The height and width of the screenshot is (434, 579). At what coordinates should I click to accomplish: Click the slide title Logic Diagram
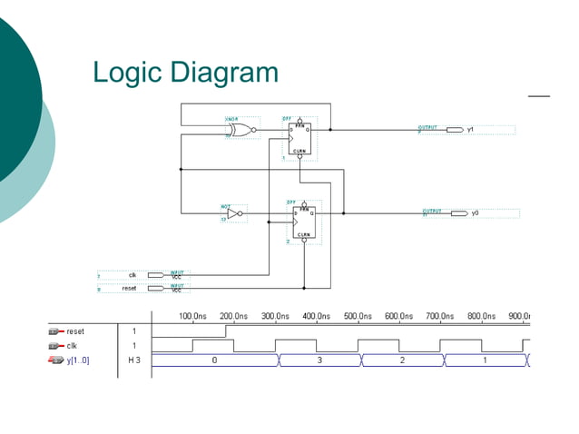coord(185,73)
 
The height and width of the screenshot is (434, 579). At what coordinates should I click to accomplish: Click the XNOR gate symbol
coord(240,130)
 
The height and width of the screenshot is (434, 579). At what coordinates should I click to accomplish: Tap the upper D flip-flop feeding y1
coord(300,137)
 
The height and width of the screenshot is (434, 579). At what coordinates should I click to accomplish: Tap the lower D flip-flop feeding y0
coord(300,221)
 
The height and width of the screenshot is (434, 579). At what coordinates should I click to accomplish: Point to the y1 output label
coord(471,130)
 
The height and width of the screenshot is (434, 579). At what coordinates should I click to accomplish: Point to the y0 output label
coord(475,213)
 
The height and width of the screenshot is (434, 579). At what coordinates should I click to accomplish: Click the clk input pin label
coord(132,274)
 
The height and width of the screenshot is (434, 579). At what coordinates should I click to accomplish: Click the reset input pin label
coord(129,288)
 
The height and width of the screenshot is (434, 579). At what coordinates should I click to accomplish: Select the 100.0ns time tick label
coord(192,316)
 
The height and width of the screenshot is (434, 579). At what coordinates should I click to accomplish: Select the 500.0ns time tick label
coord(358,316)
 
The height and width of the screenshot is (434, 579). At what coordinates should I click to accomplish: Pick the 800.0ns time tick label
coord(482,316)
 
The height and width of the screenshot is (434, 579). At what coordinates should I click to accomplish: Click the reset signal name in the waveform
coord(75,331)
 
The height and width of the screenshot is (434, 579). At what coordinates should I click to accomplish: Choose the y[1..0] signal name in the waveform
coord(78,360)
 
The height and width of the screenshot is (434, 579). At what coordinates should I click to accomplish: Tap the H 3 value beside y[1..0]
coord(134,360)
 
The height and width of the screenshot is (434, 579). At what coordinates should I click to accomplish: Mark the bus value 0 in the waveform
coord(214,360)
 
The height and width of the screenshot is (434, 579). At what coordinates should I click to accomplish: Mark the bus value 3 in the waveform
coord(319,360)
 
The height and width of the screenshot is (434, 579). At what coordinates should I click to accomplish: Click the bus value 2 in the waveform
coord(402,360)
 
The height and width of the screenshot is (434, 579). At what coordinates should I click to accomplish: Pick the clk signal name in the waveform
coord(73,346)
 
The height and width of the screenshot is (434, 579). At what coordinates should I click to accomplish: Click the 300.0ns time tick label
coord(276,316)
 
